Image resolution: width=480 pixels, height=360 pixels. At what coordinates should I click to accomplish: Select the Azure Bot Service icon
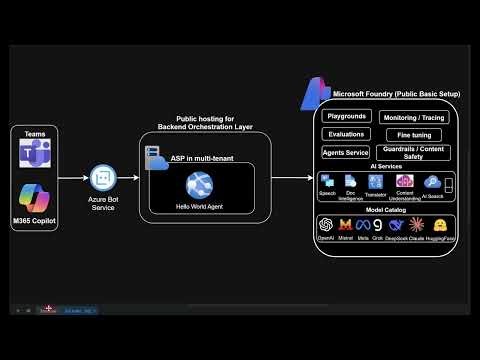(101, 178)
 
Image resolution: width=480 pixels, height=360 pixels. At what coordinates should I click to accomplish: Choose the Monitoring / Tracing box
(413, 117)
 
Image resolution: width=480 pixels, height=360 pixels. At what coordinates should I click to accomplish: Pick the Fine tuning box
(413, 134)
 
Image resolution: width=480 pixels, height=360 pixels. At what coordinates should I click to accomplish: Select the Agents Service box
(346, 153)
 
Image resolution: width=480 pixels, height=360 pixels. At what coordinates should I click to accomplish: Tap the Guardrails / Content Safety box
(413, 152)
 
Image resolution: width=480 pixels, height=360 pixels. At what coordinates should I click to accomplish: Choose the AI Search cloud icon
(431, 182)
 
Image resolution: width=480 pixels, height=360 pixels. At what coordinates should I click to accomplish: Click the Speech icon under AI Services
(327, 181)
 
